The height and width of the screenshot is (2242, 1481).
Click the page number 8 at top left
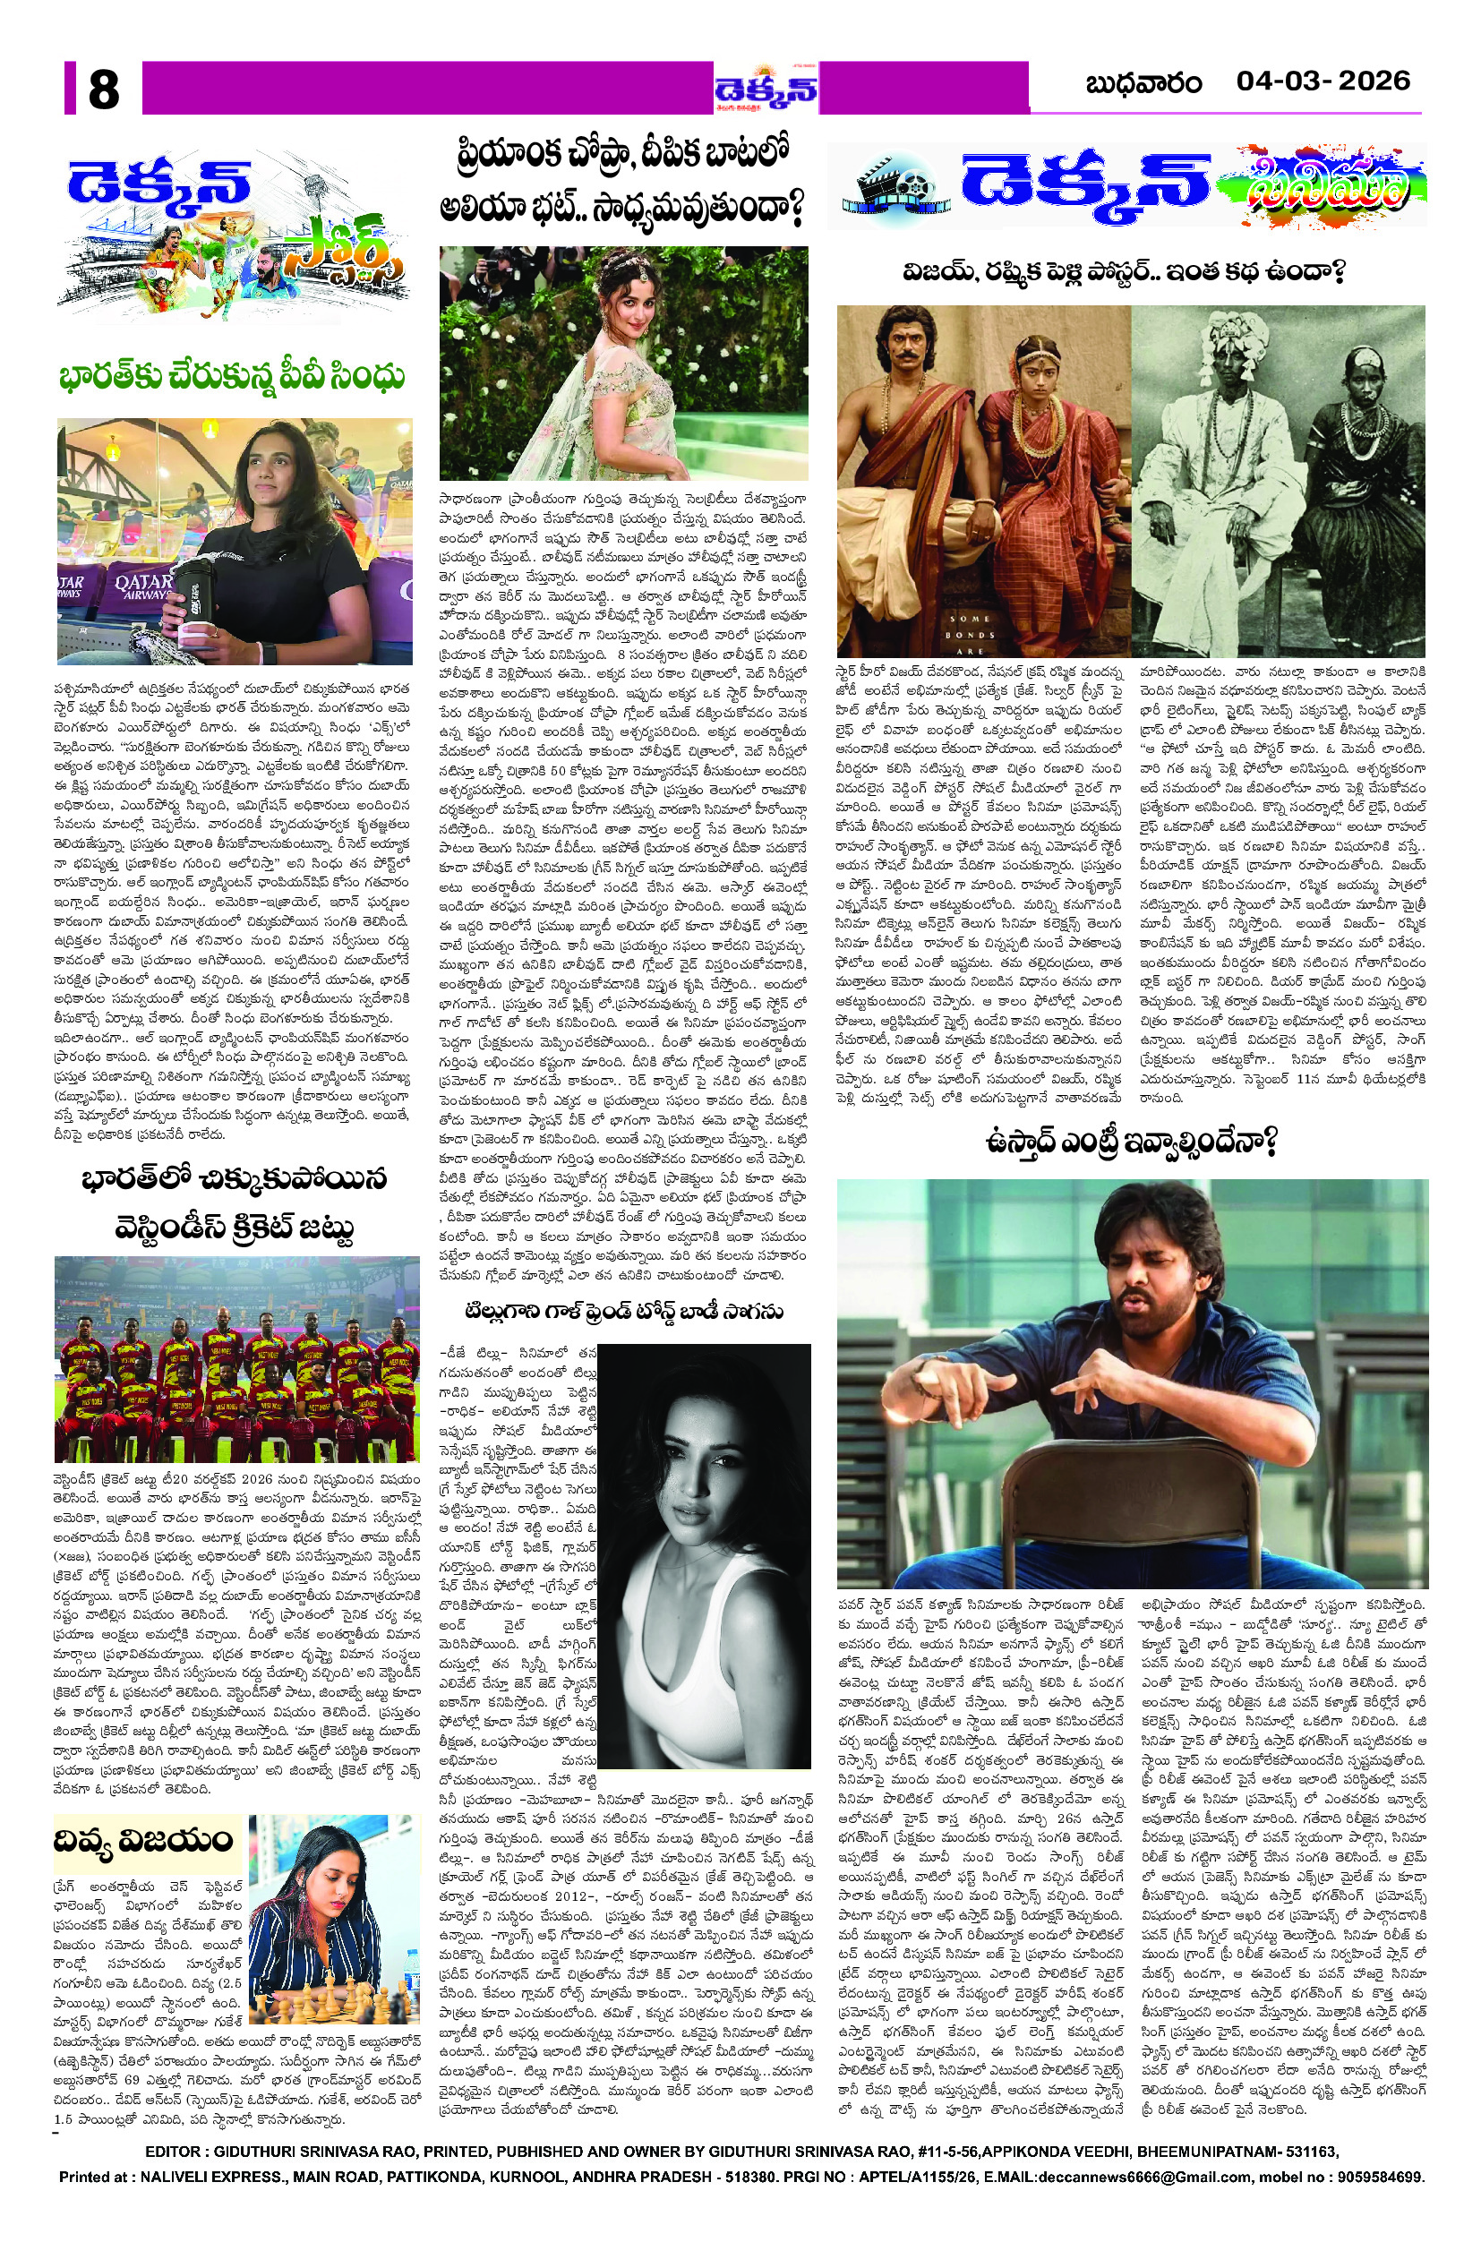[103, 90]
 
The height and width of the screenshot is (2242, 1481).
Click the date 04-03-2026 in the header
[1323, 81]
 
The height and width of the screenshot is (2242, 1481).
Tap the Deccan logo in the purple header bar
[766, 90]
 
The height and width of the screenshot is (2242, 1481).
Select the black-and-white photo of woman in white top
[704, 1554]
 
